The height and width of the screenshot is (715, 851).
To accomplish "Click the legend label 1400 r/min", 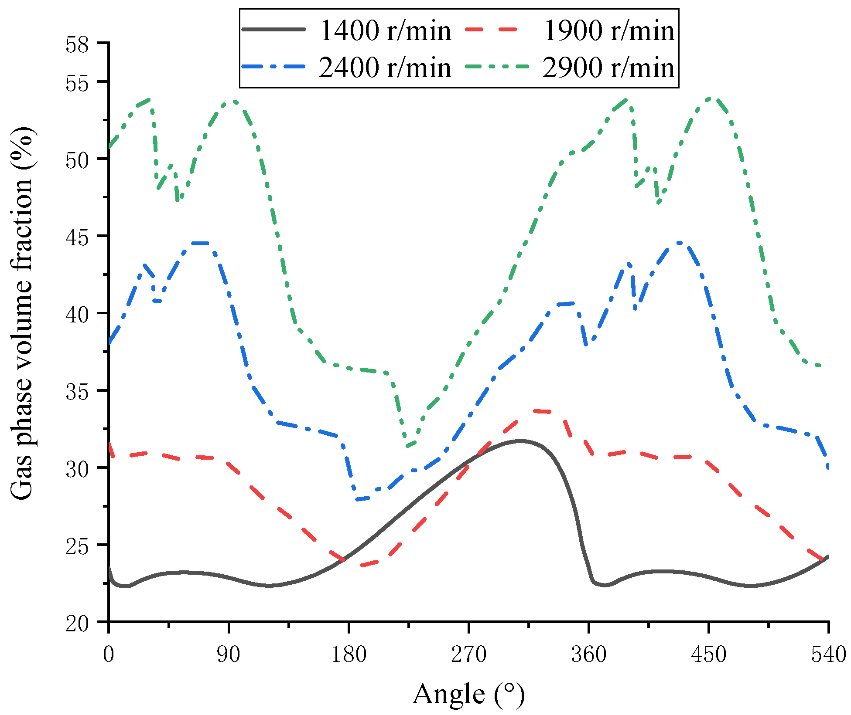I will tap(385, 31).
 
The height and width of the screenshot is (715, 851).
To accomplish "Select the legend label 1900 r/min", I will tap(608, 31).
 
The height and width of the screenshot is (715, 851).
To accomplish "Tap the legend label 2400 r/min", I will tap(385, 68).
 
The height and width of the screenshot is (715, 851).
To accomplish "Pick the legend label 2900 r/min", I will tap(608, 68).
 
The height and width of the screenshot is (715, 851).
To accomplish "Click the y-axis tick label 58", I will tap(77, 45).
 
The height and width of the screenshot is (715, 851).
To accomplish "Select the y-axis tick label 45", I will tap(77, 237).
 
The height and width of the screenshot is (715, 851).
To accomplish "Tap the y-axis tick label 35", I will tap(77, 392).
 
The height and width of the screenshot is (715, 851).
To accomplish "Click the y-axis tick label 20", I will tap(77, 623).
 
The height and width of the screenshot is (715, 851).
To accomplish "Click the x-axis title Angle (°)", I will tap(468, 694).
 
